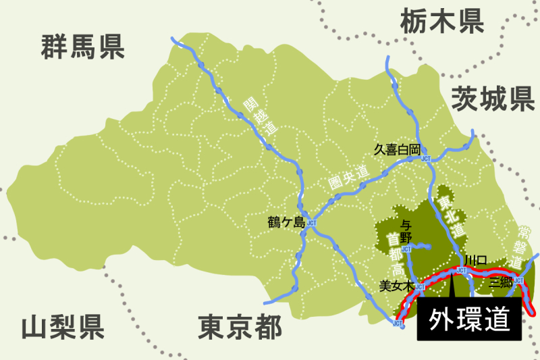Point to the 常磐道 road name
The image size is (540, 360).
[x=524, y=245]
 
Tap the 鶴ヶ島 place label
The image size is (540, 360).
[x=286, y=222]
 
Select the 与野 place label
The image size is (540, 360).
[x=406, y=231]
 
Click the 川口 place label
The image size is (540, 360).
[x=475, y=260]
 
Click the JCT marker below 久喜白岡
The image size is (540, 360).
[x=425, y=159]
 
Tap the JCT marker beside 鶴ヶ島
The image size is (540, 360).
[x=311, y=223]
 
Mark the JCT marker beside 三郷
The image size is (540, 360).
[x=519, y=281]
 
